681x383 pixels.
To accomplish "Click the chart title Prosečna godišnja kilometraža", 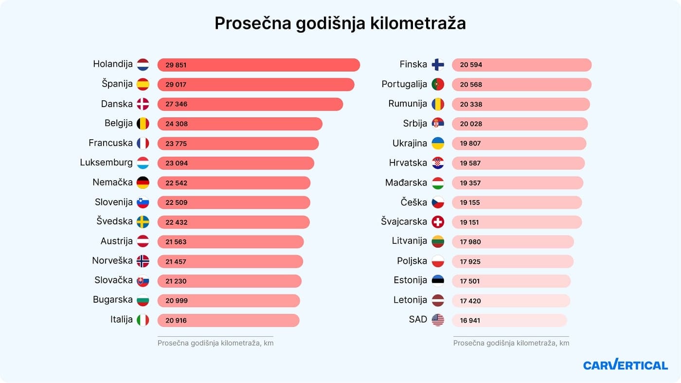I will (x=340, y=23).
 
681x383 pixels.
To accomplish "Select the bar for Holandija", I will (x=258, y=65).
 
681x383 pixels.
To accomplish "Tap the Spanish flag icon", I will (x=143, y=84).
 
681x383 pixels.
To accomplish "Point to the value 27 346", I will (x=176, y=104).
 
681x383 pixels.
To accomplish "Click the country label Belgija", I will (x=118, y=123).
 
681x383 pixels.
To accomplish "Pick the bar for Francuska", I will (x=238, y=144).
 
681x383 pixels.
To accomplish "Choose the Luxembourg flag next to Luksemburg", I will (x=143, y=163).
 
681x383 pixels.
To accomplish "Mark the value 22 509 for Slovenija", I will (x=176, y=202).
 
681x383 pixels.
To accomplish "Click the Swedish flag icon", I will (x=143, y=222).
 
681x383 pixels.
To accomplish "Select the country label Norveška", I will (x=112, y=260).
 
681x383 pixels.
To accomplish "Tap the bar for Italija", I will (x=228, y=320).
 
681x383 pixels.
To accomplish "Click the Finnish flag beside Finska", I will (x=438, y=65).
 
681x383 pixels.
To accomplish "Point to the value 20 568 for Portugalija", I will (x=471, y=84).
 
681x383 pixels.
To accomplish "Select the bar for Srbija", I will (x=520, y=124).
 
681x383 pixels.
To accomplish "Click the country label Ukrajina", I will (x=410, y=143).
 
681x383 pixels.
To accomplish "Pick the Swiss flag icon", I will (x=438, y=222).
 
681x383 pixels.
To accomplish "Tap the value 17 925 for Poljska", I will (x=470, y=261).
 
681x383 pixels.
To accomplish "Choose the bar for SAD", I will (x=509, y=320).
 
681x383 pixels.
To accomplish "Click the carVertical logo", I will (x=625, y=365).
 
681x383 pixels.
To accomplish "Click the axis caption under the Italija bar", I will (x=215, y=343).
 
